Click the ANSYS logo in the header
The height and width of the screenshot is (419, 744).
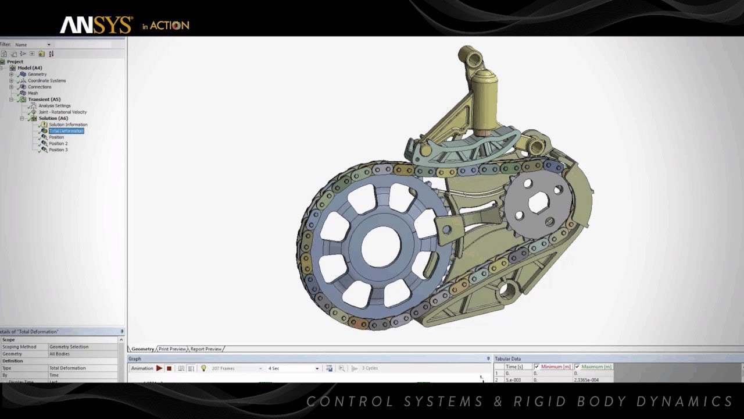(x=96, y=25)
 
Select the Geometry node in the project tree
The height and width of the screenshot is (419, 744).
(x=37, y=74)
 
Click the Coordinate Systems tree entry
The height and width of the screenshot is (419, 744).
(x=46, y=81)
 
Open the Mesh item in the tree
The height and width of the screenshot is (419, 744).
(x=33, y=93)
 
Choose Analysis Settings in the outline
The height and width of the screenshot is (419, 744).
(x=55, y=106)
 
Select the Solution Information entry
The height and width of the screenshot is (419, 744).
(x=67, y=125)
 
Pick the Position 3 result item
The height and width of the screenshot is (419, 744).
(x=58, y=150)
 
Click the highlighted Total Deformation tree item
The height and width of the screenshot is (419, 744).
(x=66, y=131)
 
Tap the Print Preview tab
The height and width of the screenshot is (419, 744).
(x=172, y=349)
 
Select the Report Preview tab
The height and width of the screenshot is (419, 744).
(x=206, y=349)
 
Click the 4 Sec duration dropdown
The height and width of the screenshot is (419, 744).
(x=293, y=368)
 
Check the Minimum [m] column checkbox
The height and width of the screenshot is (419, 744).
(x=536, y=367)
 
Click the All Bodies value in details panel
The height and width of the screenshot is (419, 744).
(x=61, y=354)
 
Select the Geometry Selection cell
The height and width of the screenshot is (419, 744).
(x=69, y=347)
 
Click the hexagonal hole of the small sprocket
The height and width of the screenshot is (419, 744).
(x=538, y=203)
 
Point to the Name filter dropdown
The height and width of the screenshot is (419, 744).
(x=33, y=45)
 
